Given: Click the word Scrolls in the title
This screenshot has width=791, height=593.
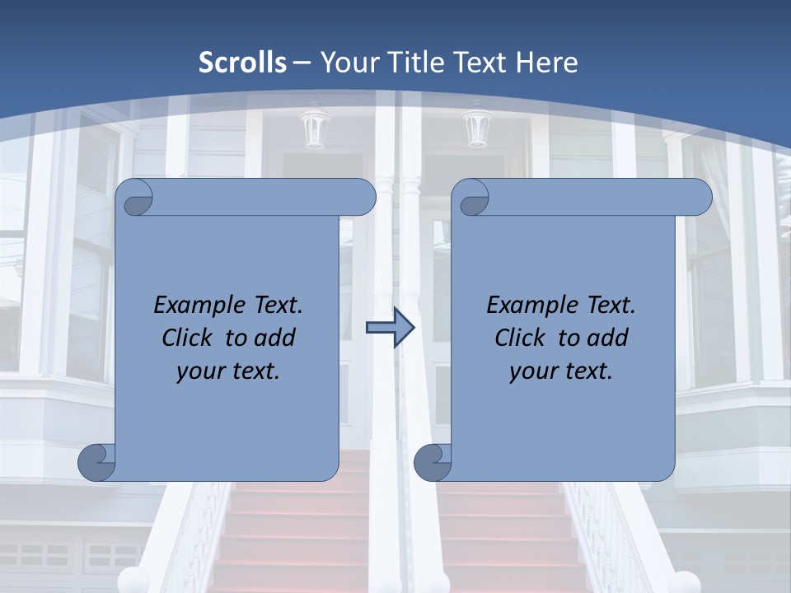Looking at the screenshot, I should [243, 63].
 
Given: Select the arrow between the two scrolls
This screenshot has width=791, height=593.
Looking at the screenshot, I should [390, 328].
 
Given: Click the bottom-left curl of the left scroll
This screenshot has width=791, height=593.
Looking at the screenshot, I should [97, 462].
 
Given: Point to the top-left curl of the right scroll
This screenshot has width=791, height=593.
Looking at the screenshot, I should [471, 198].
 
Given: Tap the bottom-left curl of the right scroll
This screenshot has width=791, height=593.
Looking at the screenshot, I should [433, 462].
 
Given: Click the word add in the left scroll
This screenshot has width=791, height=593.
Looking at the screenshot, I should [276, 339].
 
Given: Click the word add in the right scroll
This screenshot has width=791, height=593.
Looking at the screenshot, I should [609, 339].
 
